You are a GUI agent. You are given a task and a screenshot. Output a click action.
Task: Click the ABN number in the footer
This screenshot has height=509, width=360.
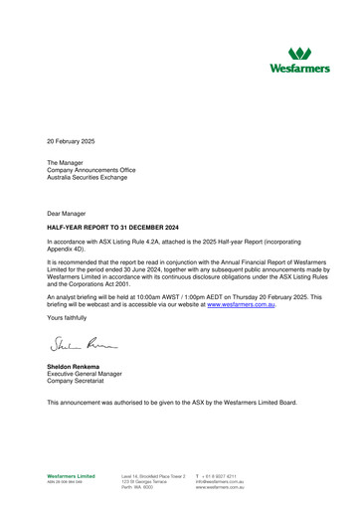point(69,483)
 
